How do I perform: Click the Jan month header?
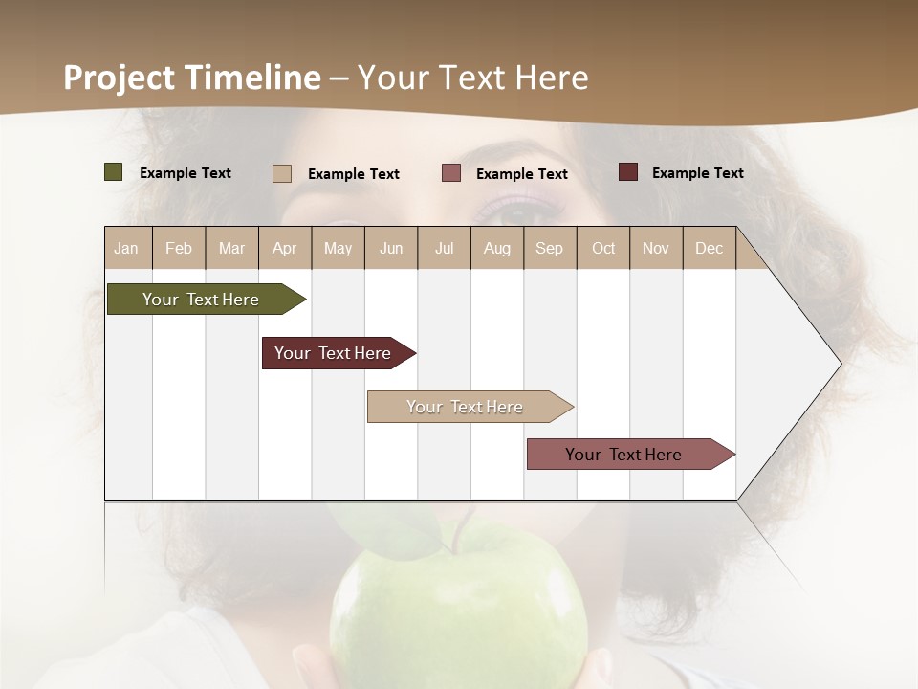pyautogui.click(x=127, y=248)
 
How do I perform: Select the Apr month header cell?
pyautogui.click(x=285, y=248)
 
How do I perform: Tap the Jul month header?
pyautogui.click(x=444, y=248)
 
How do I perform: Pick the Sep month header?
pyautogui.click(x=550, y=248)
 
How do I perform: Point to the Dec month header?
pyautogui.click(x=709, y=248)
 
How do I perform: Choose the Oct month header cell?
pyautogui.click(x=603, y=248)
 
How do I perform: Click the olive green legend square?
pyautogui.click(x=114, y=172)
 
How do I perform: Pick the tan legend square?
pyautogui.click(x=282, y=173)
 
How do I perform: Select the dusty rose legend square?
pyautogui.click(x=451, y=173)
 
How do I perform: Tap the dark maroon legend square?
pyautogui.click(x=628, y=172)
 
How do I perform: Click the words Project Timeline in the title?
pyautogui.click(x=191, y=78)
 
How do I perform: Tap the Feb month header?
pyautogui.click(x=179, y=248)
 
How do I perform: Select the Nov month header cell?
pyautogui.click(x=656, y=248)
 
